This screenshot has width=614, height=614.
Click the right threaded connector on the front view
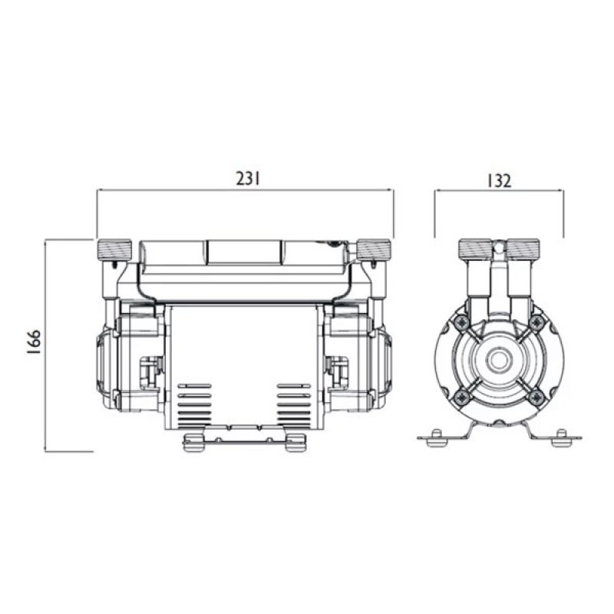(375, 249)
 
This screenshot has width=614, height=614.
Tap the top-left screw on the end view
(460, 322)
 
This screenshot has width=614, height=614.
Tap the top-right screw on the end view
(536, 322)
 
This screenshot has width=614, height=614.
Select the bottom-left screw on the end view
(460, 397)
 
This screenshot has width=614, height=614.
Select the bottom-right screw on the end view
(536, 397)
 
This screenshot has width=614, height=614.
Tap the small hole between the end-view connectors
(499, 247)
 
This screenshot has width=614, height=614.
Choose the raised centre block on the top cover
(244, 252)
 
